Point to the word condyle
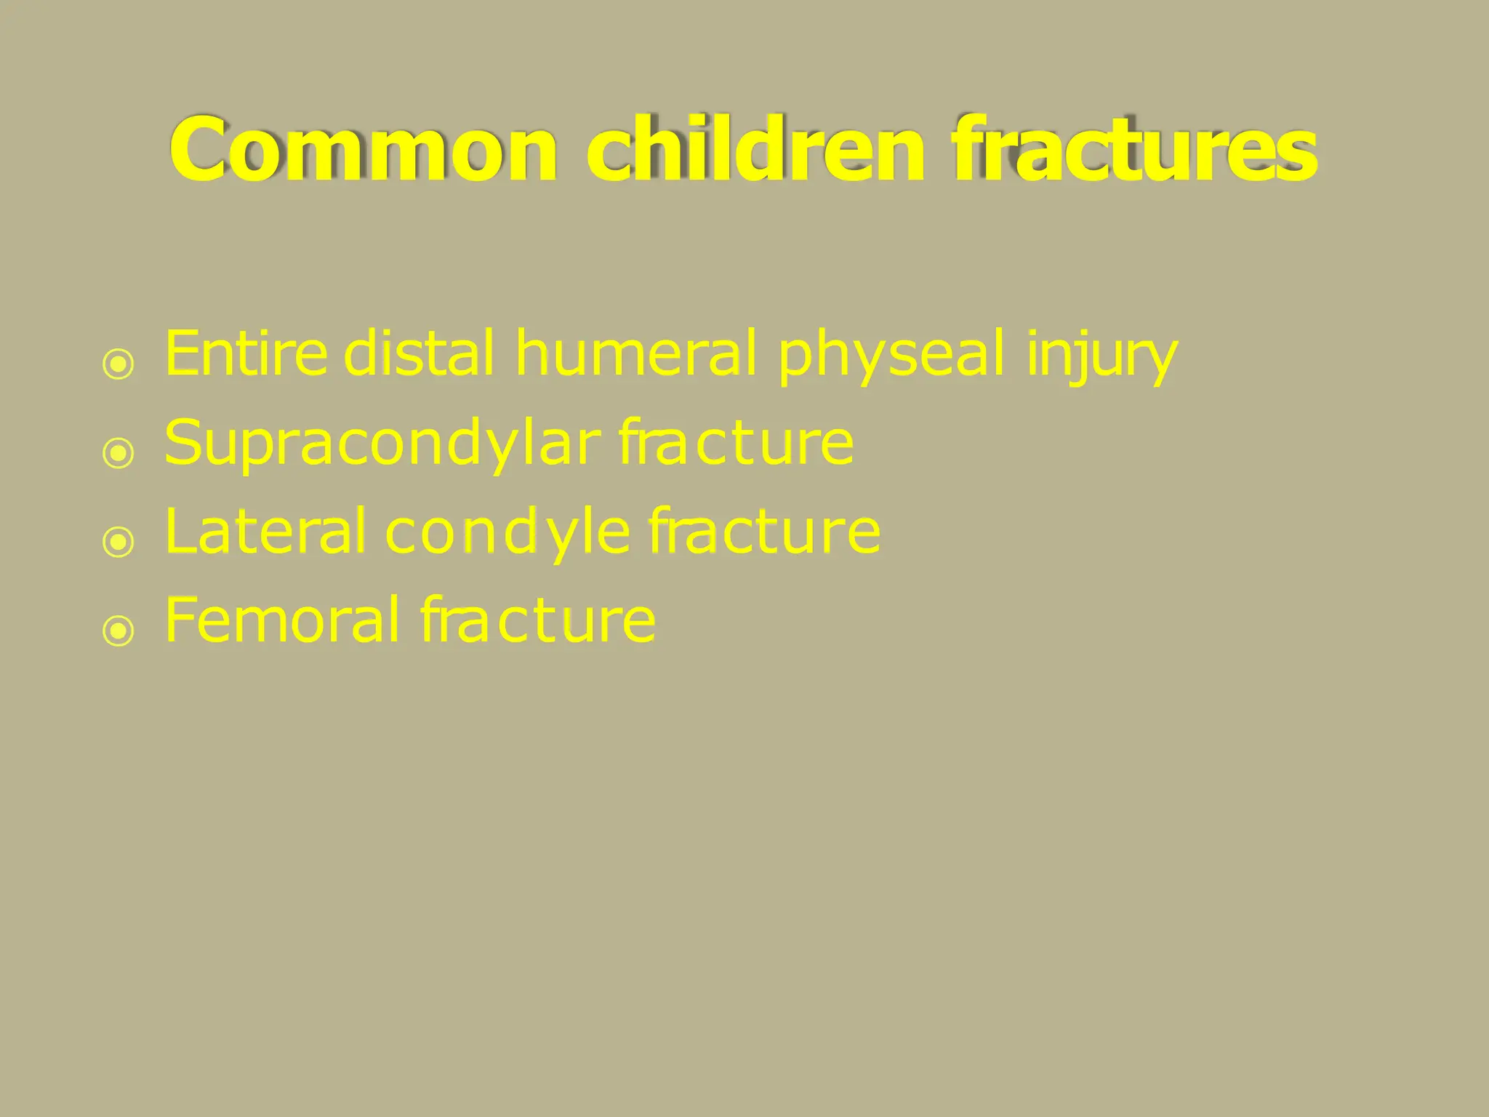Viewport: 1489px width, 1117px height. tap(507, 532)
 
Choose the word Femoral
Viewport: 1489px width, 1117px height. tap(282, 620)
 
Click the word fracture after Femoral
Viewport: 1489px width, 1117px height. tap(538, 620)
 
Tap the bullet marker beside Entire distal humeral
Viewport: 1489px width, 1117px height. tap(119, 364)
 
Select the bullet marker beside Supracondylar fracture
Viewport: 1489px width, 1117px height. tap(119, 453)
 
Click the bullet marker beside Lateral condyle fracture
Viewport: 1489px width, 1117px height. tap(119, 542)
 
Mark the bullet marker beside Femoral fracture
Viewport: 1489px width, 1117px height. tap(119, 630)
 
